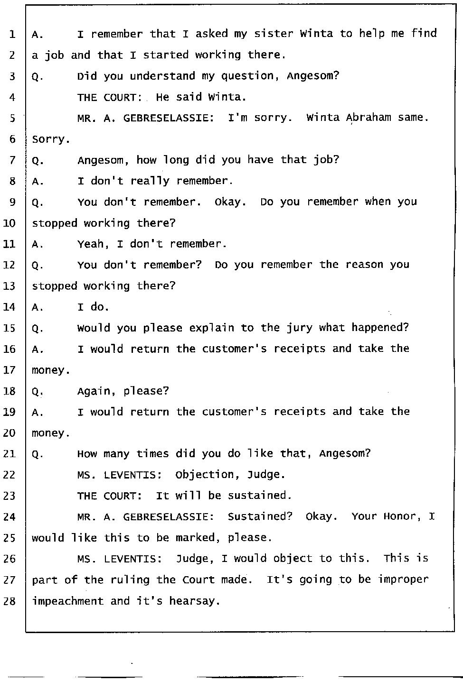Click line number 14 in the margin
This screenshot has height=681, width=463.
(x=9, y=307)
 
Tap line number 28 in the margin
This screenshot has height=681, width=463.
(x=9, y=601)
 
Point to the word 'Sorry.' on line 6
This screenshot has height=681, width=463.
(x=51, y=139)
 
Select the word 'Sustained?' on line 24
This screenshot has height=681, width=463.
(x=260, y=516)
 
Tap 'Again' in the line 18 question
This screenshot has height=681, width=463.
(x=96, y=391)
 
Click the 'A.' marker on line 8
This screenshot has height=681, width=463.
(x=38, y=181)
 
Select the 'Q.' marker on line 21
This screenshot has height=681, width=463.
(x=38, y=454)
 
